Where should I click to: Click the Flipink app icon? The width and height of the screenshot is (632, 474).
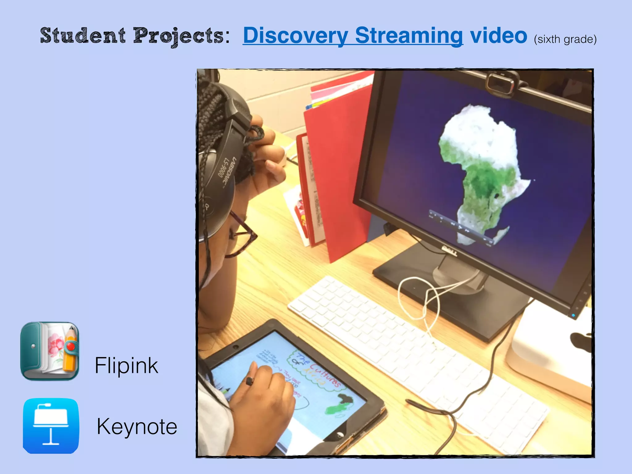click(50, 351)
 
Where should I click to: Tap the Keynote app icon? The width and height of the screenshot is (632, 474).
click(51, 426)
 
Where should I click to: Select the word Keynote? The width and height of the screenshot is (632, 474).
click(137, 426)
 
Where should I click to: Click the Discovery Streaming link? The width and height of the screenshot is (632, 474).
click(353, 36)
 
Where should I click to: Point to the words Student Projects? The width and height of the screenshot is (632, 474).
click(132, 36)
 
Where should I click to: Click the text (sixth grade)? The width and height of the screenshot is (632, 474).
click(565, 39)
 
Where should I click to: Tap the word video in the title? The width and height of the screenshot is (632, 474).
click(498, 36)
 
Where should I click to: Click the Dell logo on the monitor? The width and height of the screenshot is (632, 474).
click(449, 250)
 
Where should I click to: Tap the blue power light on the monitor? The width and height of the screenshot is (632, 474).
click(573, 315)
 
